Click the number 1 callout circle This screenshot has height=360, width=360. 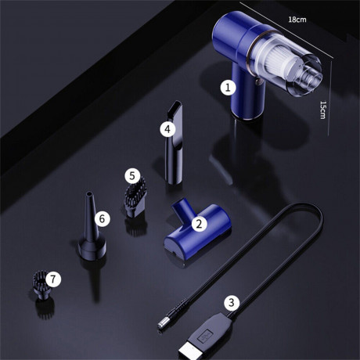[x=228, y=87]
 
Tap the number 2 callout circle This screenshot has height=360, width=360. [x=199, y=224]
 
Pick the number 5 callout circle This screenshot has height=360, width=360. [x=132, y=177]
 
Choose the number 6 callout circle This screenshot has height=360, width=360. [x=102, y=218]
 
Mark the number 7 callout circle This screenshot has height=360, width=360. [x=52, y=278]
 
